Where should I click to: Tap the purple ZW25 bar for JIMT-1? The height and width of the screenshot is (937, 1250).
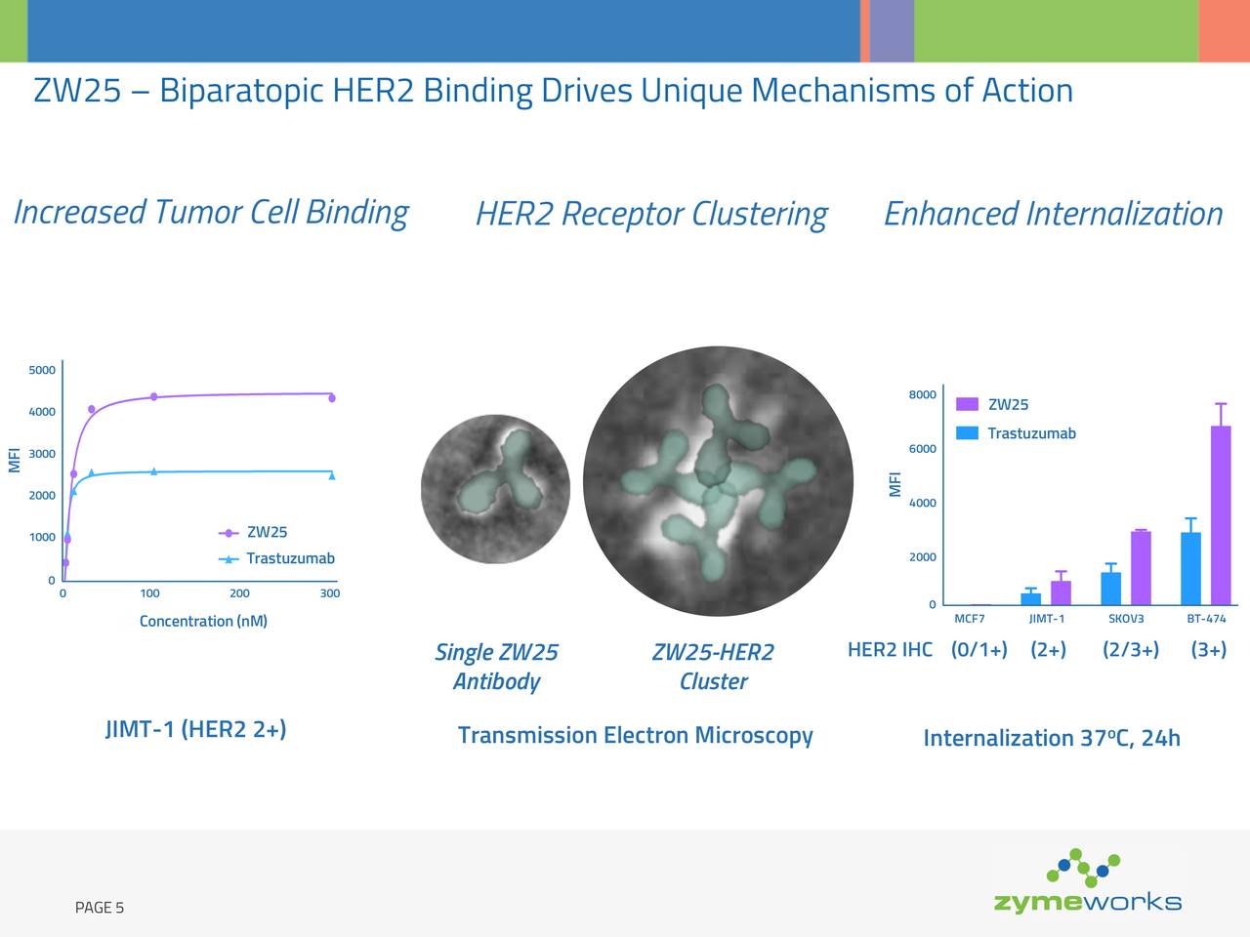click(1061, 592)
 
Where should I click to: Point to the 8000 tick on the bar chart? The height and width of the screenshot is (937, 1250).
click(922, 394)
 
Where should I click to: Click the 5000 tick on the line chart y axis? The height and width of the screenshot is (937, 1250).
click(42, 370)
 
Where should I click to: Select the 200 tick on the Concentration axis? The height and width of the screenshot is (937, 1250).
click(239, 593)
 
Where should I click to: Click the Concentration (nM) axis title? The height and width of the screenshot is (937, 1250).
click(203, 621)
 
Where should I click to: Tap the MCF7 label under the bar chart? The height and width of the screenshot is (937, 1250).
click(969, 619)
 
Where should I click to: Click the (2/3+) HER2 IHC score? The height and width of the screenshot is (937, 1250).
click(1130, 650)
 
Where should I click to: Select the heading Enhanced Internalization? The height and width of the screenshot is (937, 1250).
click(1053, 214)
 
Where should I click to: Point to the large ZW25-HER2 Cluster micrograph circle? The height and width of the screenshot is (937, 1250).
click(718, 481)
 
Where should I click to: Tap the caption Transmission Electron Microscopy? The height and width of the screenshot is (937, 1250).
click(635, 735)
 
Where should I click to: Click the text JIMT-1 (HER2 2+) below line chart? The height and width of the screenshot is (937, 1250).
click(195, 729)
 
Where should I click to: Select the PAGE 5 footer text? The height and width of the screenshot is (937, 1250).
click(100, 908)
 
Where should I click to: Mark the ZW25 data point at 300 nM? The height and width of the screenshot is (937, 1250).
click(332, 397)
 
